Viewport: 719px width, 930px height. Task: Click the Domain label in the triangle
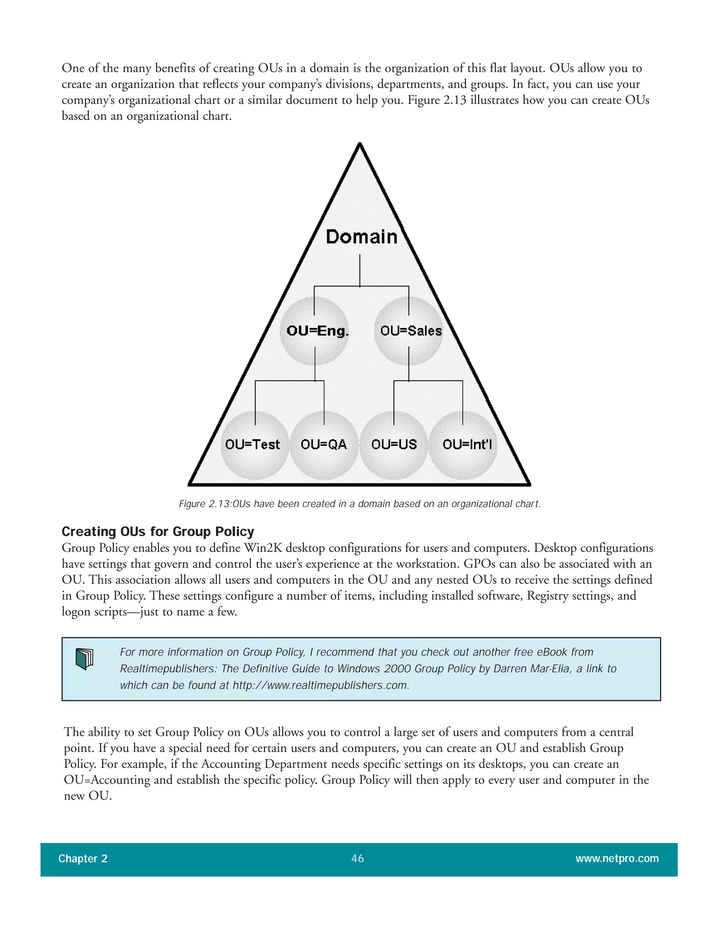tap(361, 237)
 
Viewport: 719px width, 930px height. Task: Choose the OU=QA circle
tap(324, 445)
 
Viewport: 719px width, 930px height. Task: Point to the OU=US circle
tap(394, 445)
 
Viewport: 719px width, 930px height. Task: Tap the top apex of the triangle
tap(359, 145)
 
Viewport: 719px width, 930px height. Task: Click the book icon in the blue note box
tap(84, 659)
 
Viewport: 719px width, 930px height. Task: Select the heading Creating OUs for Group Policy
tap(158, 531)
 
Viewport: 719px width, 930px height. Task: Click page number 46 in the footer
tap(357, 858)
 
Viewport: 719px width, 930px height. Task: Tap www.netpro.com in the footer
tap(617, 858)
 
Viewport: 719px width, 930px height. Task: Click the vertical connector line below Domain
tap(360, 270)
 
